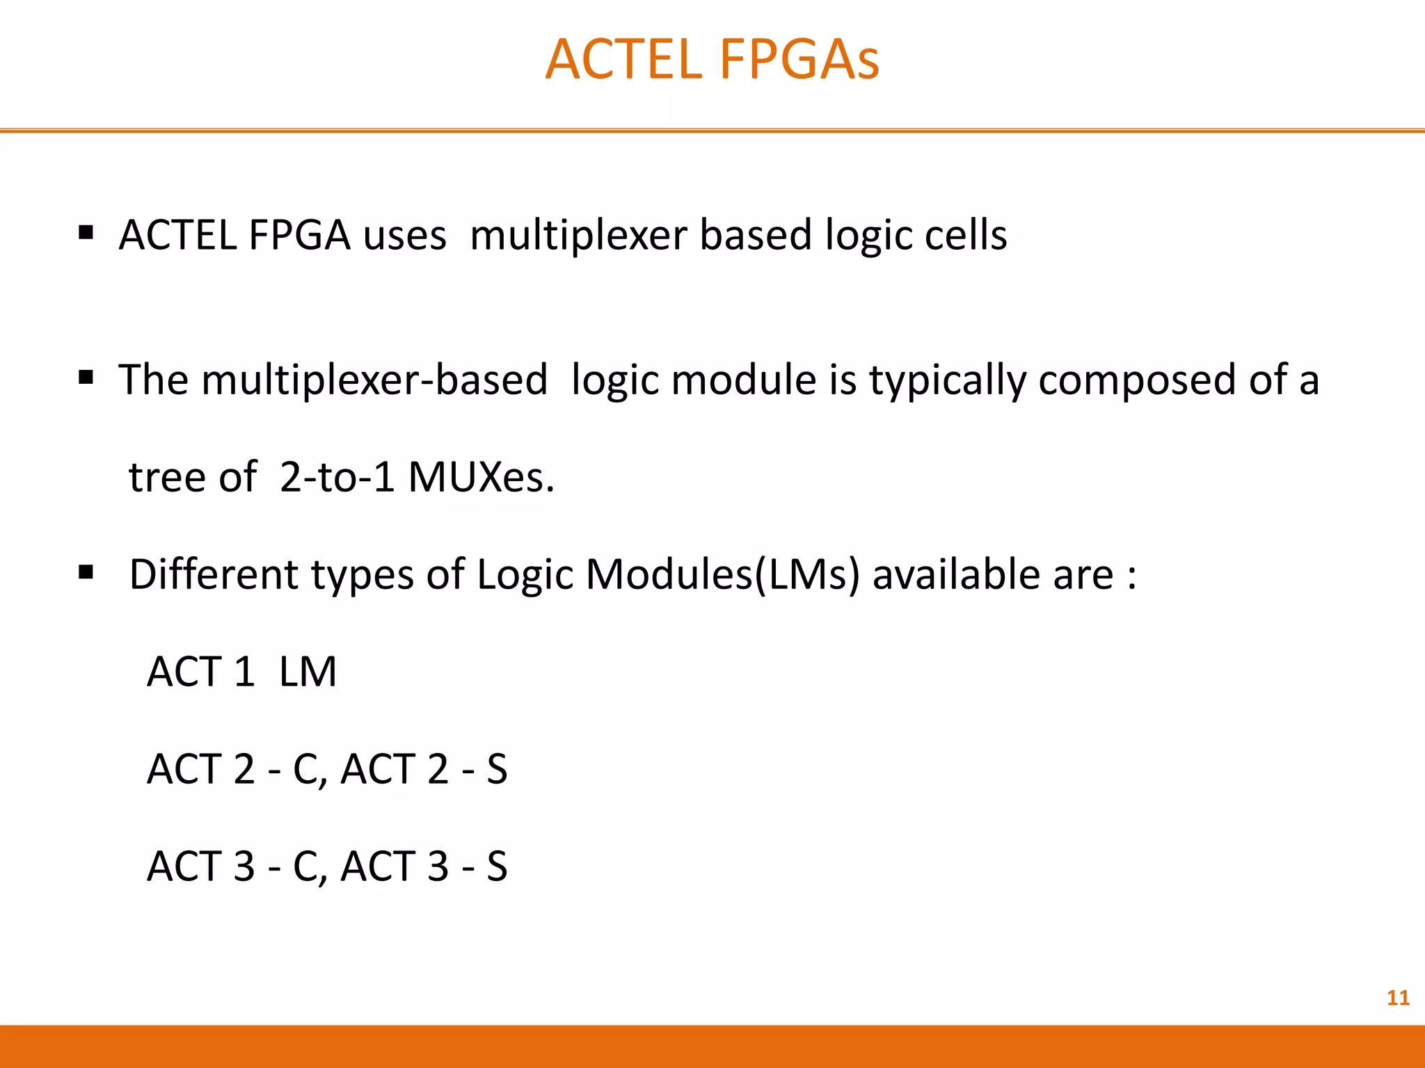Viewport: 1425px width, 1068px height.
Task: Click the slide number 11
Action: (1398, 998)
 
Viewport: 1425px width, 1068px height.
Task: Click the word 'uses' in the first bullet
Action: (404, 236)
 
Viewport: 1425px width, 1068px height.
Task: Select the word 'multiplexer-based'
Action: (374, 380)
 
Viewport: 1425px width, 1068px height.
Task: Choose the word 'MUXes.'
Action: (481, 478)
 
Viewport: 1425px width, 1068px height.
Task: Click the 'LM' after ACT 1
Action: (308, 672)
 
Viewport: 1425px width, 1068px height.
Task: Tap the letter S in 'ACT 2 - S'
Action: (497, 770)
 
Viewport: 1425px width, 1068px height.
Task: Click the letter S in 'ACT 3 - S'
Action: (497, 867)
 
